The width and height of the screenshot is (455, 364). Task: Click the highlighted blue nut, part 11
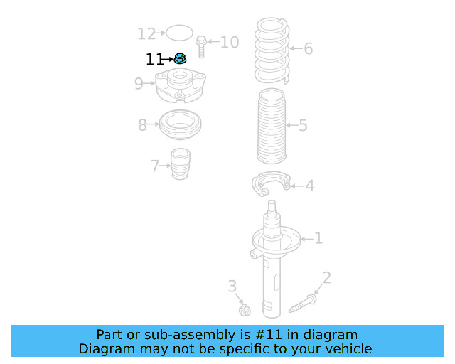180,59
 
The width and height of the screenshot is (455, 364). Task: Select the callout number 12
146,33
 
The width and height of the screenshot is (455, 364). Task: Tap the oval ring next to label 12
179,33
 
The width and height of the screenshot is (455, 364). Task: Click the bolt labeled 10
201,45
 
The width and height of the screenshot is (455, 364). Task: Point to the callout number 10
230,43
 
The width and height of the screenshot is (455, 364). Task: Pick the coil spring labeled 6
272,50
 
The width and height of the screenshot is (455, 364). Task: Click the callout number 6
308,49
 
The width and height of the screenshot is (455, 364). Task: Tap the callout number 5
303,126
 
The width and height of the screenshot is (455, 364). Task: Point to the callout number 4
310,186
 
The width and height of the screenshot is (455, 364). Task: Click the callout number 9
139,84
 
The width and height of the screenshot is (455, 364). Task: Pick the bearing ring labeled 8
178,125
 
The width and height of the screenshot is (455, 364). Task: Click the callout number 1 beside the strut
318,238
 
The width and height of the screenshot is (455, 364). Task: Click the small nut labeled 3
245,310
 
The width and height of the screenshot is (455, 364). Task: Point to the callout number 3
232,287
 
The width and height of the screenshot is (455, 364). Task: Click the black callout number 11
154,60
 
